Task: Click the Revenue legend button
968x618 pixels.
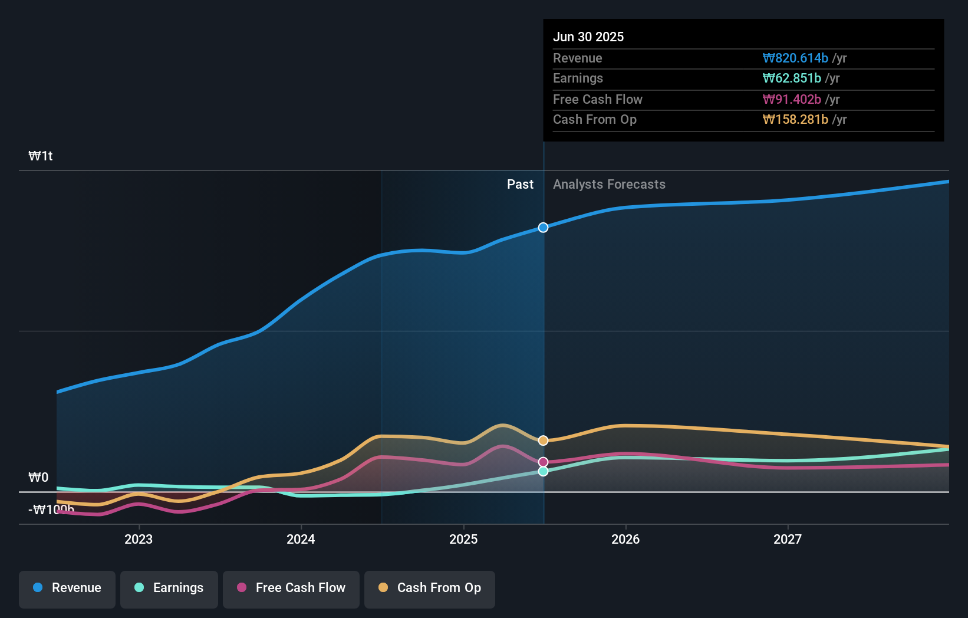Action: click(67, 589)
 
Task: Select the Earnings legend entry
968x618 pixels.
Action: click(169, 589)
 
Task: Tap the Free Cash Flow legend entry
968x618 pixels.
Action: click(291, 589)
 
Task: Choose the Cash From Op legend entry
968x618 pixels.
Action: click(430, 589)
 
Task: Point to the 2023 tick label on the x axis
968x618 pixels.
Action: click(139, 540)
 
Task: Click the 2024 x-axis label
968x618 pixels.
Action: click(301, 540)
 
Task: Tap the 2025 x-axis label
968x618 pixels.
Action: click(463, 540)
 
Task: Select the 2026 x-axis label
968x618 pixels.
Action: click(625, 540)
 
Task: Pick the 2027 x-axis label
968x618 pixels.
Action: click(788, 540)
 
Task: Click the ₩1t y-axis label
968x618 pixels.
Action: click(41, 156)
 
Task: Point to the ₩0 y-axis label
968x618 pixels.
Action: click(38, 478)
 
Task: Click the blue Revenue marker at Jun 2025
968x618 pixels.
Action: click(543, 228)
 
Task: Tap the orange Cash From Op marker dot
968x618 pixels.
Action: click(543, 441)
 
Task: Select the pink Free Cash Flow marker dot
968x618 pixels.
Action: click(543, 462)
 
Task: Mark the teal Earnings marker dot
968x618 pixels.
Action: click(543, 471)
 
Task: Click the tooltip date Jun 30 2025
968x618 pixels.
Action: click(588, 37)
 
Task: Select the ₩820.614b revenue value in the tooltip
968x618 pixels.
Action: click(795, 58)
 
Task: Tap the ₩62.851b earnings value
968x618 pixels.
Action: click(792, 78)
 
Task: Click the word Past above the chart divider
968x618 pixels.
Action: click(520, 185)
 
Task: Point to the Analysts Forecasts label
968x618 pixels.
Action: click(609, 185)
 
